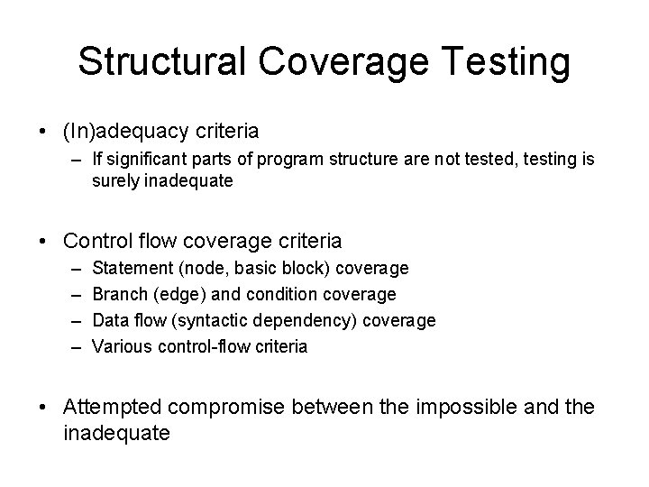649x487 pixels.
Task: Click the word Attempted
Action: (x=111, y=408)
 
